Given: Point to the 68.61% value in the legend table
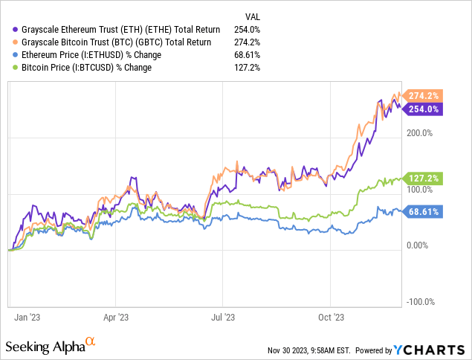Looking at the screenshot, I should [253, 54].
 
